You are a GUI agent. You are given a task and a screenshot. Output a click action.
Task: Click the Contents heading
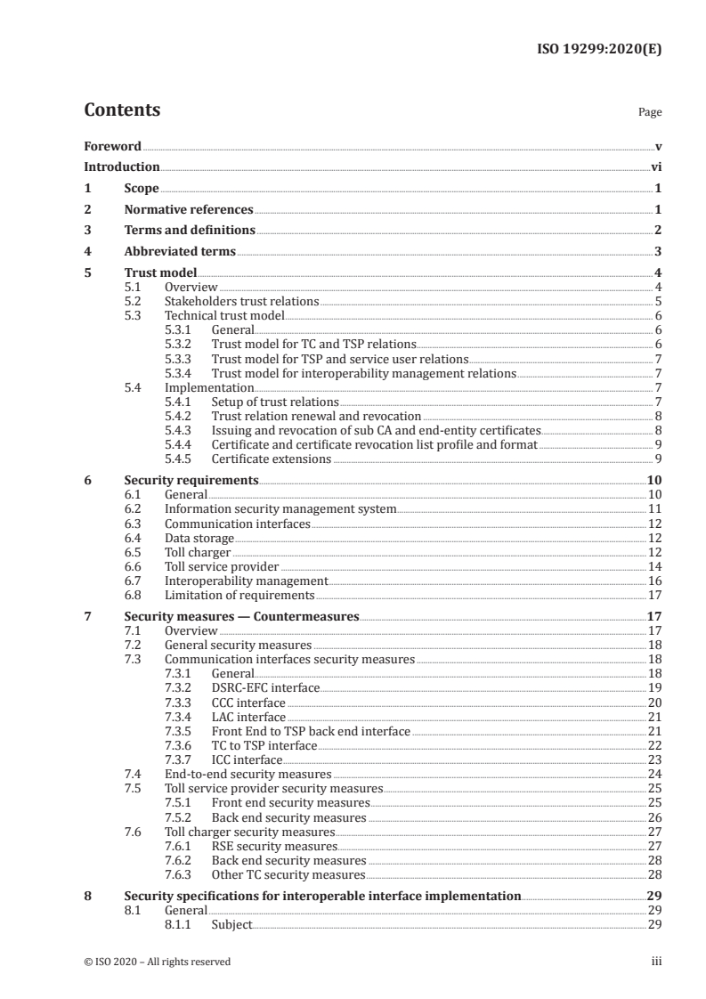[x=122, y=110]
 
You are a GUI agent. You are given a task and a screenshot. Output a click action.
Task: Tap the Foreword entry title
[x=112, y=146]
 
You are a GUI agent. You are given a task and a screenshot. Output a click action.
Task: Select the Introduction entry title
[x=121, y=166]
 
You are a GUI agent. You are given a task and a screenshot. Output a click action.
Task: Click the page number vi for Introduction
[x=655, y=166]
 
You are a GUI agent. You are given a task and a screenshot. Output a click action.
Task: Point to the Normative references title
[x=189, y=210]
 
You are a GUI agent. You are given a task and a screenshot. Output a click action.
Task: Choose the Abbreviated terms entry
[x=179, y=252]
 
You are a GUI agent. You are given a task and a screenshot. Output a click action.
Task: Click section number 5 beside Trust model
[x=87, y=273]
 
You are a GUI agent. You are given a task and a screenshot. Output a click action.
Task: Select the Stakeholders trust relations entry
[x=242, y=302]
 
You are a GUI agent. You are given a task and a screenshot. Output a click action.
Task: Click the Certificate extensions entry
[x=271, y=459]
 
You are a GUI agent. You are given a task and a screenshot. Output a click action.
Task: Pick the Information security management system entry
[x=280, y=508]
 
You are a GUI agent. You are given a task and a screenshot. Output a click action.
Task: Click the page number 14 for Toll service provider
[x=653, y=565]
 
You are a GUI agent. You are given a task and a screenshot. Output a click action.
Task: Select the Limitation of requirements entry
[x=239, y=594]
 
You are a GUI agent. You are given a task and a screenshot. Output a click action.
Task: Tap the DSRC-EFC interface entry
[x=264, y=688]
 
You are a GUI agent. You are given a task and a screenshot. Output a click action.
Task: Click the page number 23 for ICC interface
[x=653, y=759]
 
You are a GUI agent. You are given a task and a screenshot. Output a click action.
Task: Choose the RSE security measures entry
[x=273, y=845]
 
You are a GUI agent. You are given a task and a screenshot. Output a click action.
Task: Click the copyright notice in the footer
[x=158, y=962]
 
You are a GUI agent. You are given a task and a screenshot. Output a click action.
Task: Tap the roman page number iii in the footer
[x=655, y=962]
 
